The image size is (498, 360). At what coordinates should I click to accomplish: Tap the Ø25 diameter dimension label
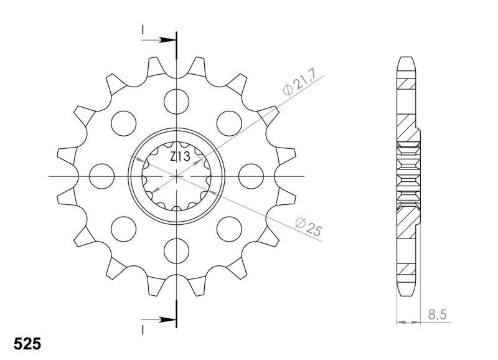309,227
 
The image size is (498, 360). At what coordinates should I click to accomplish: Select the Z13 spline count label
180,157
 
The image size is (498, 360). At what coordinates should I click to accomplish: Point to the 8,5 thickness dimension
438,315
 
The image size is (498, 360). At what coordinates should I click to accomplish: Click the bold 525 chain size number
27,344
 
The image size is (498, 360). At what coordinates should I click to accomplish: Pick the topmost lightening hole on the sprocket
176,102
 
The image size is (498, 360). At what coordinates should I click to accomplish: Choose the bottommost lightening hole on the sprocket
176,251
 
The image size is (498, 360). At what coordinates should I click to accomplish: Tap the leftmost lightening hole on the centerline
101,176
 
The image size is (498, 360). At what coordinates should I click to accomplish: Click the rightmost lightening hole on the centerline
251,176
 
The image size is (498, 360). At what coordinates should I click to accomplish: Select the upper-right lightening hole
229,123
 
